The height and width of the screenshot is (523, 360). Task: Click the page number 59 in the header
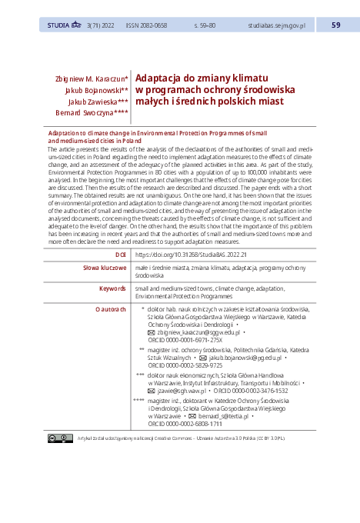(335, 25)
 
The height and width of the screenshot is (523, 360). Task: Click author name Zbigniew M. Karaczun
(92, 79)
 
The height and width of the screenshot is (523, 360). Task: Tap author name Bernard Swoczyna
(92, 112)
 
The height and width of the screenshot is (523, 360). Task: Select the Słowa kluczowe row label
(105, 268)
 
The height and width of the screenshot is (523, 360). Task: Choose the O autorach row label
(110, 308)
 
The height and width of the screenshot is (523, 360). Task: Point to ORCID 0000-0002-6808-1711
(185, 424)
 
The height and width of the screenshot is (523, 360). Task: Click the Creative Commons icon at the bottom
(61, 438)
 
